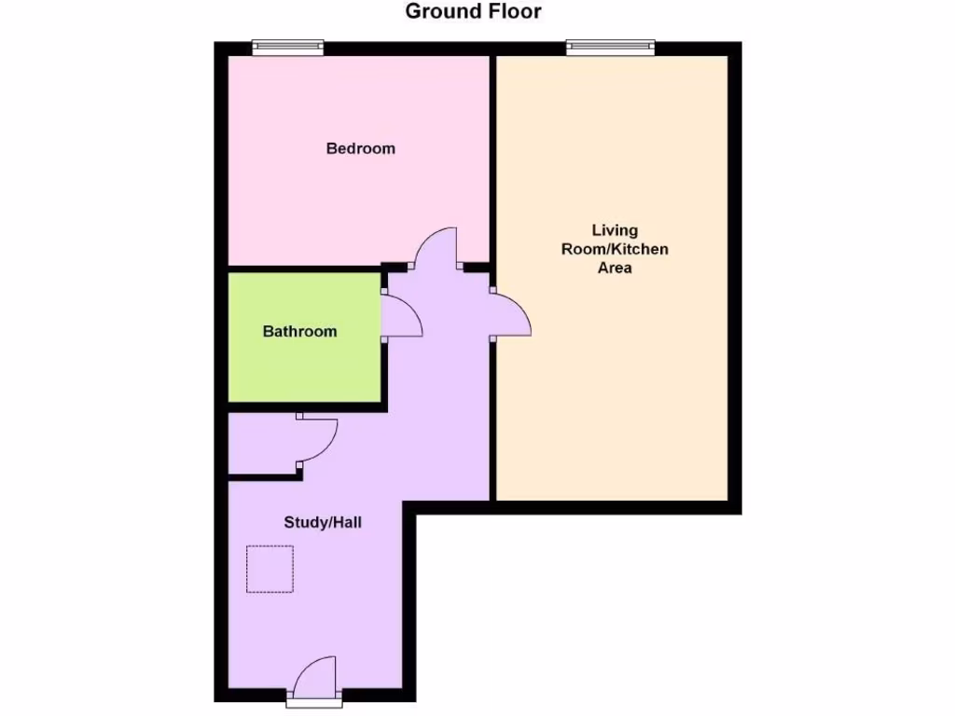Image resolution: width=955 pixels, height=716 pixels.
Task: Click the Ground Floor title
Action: [x=473, y=12]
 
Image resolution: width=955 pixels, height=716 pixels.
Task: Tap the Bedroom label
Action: [x=360, y=148]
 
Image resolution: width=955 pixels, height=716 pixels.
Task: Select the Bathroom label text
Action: [x=299, y=331]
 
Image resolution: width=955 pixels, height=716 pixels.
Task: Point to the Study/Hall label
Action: [x=323, y=522]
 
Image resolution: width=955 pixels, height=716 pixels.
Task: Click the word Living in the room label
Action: [x=615, y=230]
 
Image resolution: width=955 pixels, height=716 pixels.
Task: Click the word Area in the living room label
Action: [x=615, y=268]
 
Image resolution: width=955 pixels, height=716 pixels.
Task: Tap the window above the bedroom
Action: [x=289, y=47]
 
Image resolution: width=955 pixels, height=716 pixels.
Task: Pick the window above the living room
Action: [x=611, y=47]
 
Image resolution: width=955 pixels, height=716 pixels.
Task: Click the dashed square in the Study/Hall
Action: [x=270, y=569]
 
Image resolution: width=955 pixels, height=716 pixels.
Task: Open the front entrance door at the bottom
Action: [x=313, y=678]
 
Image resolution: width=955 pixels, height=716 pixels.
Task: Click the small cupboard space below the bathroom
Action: [x=261, y=446]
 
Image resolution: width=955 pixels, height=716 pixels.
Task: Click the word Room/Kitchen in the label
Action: [x=615, y=249]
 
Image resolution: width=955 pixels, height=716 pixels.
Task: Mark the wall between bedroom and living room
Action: [x=492, y=158]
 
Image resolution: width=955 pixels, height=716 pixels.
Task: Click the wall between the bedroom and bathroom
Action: [x=303, y=268]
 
